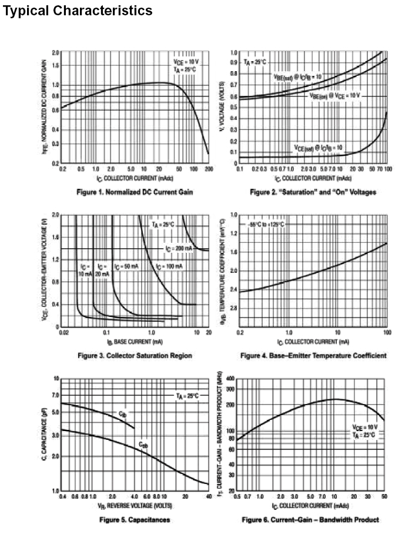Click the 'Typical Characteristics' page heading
tap(78, 11)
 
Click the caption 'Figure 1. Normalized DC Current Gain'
tap(135, 192)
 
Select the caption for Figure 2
tap(313, 192)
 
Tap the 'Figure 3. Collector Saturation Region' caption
tap(135, 355)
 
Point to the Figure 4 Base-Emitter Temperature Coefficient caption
tap(313, 355)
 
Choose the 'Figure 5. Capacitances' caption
tap(135, 519)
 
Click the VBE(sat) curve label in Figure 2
tap(297, 76)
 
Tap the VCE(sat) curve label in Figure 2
tap(318, 147)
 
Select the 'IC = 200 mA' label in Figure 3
tap(179, 249)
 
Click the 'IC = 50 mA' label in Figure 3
tap(126, 266)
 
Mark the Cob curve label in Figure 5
tap(143, 445)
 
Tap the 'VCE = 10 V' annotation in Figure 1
tap(186, 61)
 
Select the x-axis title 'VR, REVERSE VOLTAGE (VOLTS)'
tap(135, 505)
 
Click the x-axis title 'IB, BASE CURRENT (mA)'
tap(135, 341)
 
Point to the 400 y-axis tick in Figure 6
tap(230, 378)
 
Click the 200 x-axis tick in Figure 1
tap(209, 169)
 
